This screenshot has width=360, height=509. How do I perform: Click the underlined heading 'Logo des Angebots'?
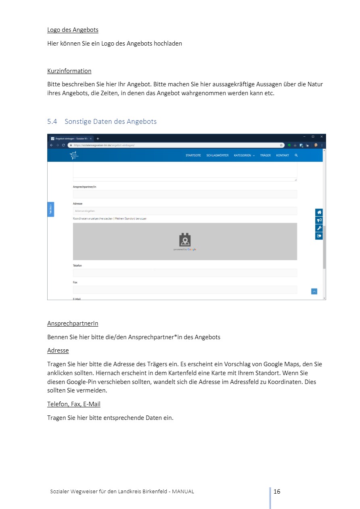[x=73, y=30]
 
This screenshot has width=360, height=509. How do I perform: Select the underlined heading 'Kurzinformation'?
[x=69, y=71]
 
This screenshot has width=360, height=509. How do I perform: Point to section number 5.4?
[x=52, y=121]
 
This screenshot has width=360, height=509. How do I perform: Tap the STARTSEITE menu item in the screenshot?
[x=193, y=155]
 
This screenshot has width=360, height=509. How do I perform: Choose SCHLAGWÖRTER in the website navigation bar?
[x=218, y=155]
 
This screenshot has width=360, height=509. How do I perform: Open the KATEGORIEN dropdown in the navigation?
[x=244, y=155]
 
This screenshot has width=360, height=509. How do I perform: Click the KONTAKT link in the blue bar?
[x=283, y=155]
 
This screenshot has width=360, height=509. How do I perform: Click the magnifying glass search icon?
[x=296, y=155]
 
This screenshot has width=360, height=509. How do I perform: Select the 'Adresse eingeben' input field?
[x=185, y=211]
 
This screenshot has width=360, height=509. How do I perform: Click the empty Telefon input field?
[x=185, y=273]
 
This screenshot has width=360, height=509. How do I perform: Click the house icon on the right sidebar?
[x=319, y=212]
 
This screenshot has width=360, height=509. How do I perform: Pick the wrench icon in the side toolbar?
[x=319, y=228]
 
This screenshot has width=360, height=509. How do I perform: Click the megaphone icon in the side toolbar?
[x=319, y=220]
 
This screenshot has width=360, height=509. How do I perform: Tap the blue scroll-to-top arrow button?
[x=314, y=291]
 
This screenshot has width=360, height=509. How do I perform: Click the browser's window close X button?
[x=322, y=137]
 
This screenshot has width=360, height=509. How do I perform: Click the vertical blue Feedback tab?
[x=51, y=209]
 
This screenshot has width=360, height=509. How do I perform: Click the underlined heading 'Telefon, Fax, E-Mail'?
[x=73, y=404]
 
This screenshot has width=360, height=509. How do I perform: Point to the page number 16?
[x=277, y=491]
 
